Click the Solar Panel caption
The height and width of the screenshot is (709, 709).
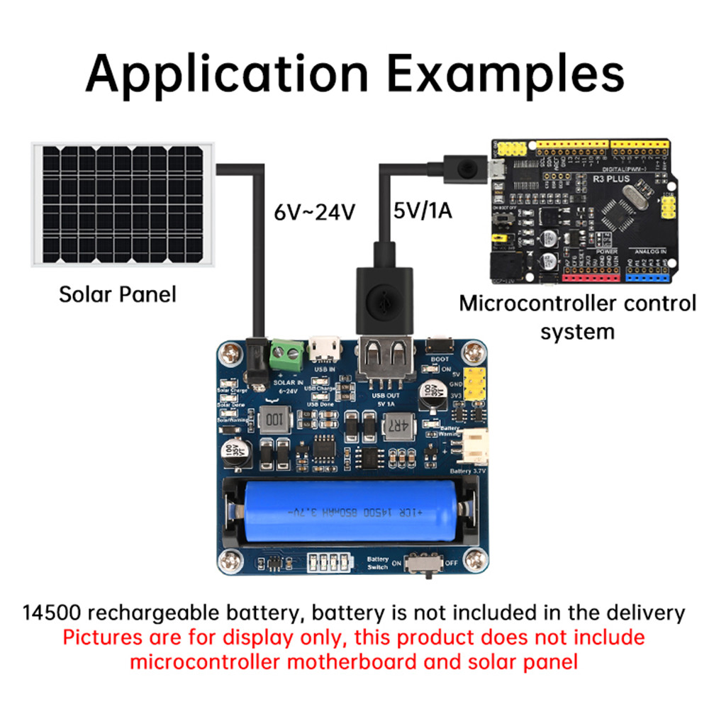(117, 294)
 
